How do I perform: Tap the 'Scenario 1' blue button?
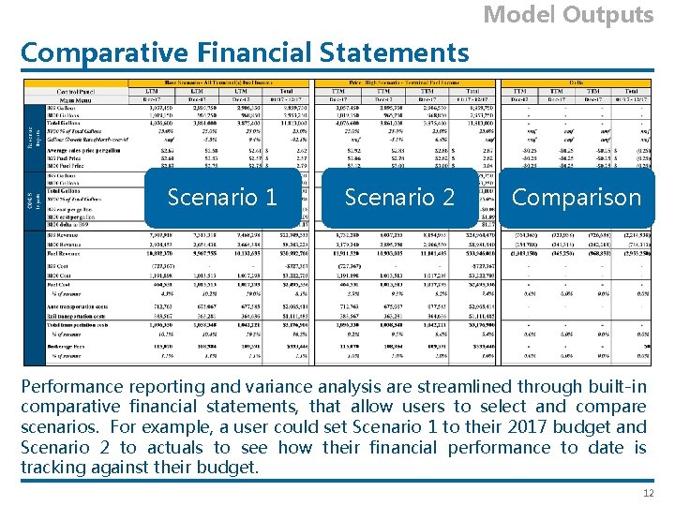222,197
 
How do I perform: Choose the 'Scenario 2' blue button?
399,197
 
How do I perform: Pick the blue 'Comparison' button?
577,197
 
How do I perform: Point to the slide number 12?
646,493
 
